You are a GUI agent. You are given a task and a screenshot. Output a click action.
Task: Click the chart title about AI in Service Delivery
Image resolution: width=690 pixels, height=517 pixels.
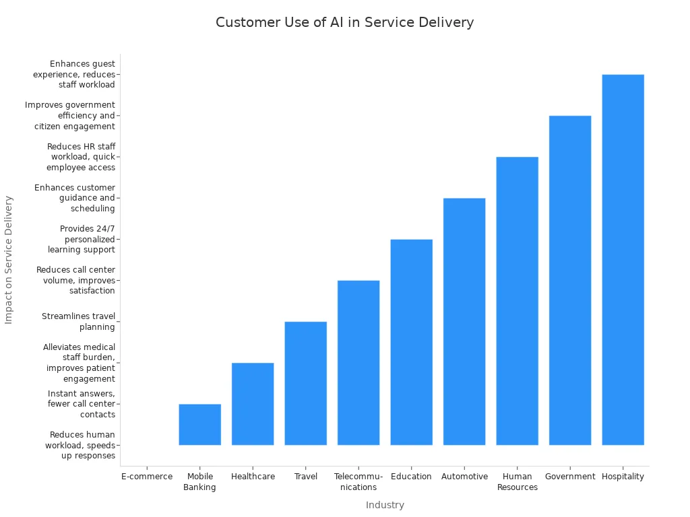344,22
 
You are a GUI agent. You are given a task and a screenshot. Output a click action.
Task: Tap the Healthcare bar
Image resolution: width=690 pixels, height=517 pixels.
253,404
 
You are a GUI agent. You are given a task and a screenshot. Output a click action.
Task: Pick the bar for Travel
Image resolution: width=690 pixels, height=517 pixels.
305,383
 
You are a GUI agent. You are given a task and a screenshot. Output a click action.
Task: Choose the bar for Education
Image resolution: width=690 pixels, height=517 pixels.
411,342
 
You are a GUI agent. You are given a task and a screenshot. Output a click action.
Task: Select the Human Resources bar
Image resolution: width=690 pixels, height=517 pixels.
517,301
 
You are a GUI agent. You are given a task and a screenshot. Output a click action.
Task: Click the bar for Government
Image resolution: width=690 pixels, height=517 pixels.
570,280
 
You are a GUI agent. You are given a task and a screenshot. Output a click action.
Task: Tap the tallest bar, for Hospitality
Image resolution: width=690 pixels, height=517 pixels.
623,260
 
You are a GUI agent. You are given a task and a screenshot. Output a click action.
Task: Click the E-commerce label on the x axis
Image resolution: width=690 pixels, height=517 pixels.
147,477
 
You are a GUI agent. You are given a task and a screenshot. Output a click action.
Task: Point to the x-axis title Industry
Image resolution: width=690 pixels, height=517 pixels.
385,505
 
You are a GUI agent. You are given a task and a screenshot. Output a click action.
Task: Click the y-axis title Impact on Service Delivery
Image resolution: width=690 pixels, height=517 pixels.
9,260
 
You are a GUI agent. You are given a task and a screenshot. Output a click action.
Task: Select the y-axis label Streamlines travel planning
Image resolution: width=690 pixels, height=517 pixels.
78,322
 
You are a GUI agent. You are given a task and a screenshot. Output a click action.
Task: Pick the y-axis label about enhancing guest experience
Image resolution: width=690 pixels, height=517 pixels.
74,74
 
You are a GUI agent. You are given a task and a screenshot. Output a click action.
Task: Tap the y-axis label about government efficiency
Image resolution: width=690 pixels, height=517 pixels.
70,115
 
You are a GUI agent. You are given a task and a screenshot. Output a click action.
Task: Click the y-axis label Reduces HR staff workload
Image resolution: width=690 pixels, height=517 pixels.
81,157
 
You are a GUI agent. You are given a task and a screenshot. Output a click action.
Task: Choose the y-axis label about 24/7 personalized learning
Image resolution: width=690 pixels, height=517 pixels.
82,239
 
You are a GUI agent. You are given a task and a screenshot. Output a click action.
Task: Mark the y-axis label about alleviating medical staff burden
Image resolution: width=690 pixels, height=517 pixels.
79,363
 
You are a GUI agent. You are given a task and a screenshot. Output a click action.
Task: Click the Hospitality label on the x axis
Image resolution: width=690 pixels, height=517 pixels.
623,477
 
